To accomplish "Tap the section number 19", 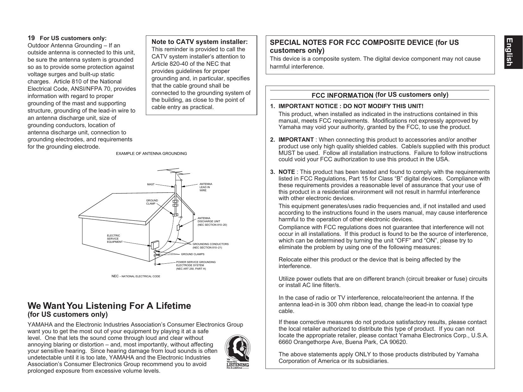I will (x=31, y=38).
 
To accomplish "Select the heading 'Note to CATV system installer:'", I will (x=199, y=42).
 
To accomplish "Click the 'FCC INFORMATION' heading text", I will (x=342, y=95).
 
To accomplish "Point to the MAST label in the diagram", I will (x=151, y=184).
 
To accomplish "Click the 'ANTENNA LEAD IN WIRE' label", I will (x=206, y=187).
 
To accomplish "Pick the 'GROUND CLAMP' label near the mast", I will (x=152, y=202).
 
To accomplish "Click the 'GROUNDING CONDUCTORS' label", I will (x=210, y=246).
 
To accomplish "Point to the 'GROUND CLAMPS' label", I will (x=192, y=254).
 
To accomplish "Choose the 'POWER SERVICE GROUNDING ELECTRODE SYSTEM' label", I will (x=196, y=265).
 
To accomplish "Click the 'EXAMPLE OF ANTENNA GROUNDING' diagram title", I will (x=151, y=154).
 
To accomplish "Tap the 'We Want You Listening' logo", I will (x=237, y=352).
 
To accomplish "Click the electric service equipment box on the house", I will (x=155, y=245).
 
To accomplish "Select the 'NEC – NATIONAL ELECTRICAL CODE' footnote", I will (x=136, y=276).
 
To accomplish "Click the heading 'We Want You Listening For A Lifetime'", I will (x=109, y=306).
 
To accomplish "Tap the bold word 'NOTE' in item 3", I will (x=287, y=172).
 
